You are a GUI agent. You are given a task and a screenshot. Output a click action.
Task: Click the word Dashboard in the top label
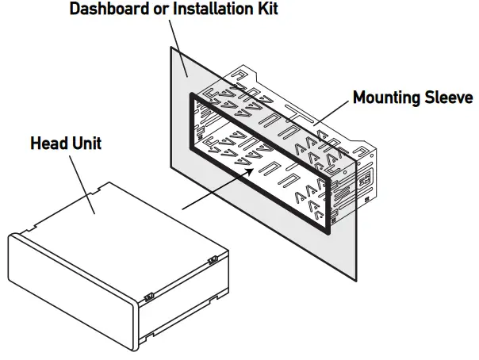tap(108, 10)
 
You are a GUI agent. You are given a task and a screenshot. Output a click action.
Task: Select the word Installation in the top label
tap(213, 10)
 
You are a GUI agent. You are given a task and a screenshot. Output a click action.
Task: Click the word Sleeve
tap(450, 98)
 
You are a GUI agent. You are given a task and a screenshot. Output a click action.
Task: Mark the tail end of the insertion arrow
tap(183, 209)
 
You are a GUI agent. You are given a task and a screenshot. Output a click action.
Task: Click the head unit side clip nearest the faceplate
tap(148, 297)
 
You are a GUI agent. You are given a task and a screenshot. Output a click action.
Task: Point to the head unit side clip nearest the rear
tap(213, 260)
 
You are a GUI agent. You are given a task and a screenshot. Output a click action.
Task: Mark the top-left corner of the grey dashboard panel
tap(169, 44)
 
